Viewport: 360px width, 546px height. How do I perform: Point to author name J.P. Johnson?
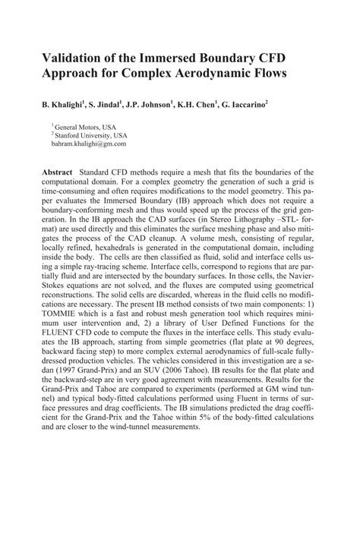pos(166,102)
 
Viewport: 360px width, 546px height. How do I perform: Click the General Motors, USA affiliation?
pos(86,127)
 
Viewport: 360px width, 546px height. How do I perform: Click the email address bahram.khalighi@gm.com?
pos(89,143)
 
